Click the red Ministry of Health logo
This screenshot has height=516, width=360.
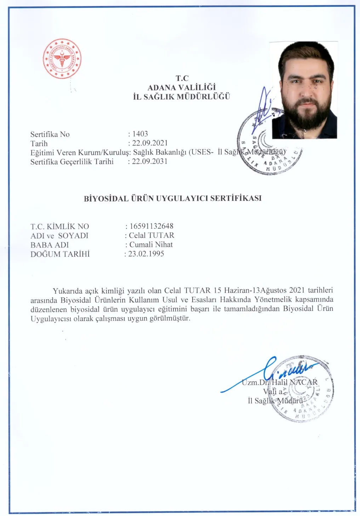point(62,59)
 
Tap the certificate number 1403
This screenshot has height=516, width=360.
point(140,134)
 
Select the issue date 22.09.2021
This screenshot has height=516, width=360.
point(150,143)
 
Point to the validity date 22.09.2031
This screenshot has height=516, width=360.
point(150,161)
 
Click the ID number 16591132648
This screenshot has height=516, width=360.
point(152,226)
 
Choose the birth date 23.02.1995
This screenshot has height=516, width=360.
point(146,254)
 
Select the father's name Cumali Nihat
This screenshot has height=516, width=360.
point(151,244)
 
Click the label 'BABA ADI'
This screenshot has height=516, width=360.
point(50,245)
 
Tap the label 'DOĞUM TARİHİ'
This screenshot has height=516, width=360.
point(60,254)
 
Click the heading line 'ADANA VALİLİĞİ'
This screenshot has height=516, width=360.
point(182,87)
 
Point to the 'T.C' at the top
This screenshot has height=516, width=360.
point(182,78)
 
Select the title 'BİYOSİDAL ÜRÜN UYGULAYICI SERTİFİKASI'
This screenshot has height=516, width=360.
point(173,198)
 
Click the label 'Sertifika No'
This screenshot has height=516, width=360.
point(50,134)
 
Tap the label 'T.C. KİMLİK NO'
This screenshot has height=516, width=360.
point(60,226)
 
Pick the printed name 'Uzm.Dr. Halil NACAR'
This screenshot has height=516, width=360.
point(280,382)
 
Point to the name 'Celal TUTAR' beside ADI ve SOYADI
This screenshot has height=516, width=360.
point(152,235)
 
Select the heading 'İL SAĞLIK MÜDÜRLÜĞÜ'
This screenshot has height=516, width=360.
point(182,97)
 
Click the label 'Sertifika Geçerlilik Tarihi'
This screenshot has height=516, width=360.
point(72,162)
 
